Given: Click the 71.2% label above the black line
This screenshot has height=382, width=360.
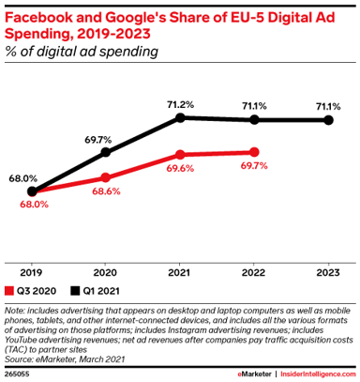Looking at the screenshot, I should click(180, 103).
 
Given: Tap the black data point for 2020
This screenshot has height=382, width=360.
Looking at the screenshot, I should click(106, 152).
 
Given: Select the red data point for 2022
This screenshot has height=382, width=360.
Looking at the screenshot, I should click(254, 151).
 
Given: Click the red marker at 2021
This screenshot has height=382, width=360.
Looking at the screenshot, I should click(180, 155).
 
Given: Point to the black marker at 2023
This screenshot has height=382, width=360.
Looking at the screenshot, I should click(328, 120).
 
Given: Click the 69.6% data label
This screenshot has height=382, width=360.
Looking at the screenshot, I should click(181, 171).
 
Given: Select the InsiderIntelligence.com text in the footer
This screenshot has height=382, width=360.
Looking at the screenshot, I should click(312, 373).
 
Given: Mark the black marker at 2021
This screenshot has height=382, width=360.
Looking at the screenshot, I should click(180, 118).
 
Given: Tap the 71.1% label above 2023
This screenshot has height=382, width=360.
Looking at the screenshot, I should click(328, 106).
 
